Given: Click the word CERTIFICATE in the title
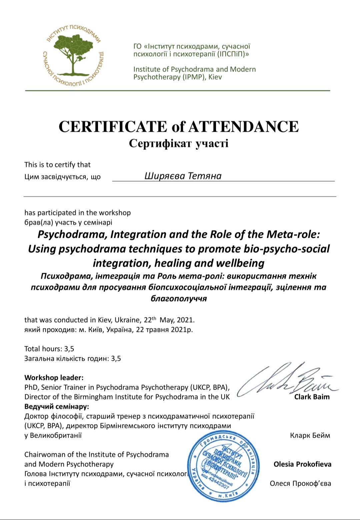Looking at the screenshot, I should (x=113, y=126).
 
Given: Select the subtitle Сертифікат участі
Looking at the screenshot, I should (x=179, y=143).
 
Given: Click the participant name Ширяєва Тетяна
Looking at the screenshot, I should (x=183, y=176).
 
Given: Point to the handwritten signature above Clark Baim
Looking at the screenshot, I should (x=287, y=380).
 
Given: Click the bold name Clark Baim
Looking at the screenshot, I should (x=312, y=397).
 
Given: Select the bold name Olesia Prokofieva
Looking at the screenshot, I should (x=302, y=464).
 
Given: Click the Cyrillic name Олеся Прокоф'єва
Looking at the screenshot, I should (x=300, y=483).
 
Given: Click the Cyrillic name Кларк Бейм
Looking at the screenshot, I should (x=310, y=435).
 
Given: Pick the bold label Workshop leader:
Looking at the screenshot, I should (x=54, y=378).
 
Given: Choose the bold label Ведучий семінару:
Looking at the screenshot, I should (x=57, y=407).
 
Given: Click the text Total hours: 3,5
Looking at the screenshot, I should (x=49, y=349).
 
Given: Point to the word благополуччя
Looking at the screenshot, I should (x=179, y=298).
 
